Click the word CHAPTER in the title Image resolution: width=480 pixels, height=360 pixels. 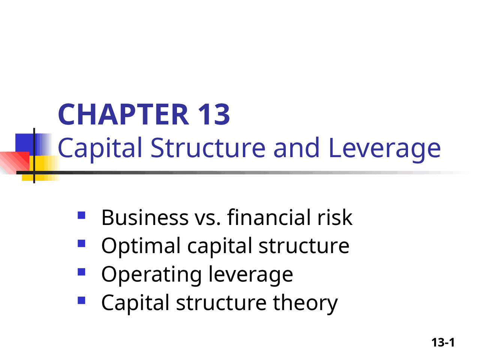123,114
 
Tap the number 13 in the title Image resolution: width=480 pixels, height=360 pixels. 214,114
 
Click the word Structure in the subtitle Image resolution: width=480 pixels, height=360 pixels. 208,147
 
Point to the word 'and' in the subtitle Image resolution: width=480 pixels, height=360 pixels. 296,147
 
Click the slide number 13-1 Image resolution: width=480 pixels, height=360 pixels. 443,342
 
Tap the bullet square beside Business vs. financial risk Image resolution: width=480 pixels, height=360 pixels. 81,215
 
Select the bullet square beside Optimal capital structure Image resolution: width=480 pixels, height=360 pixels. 81,243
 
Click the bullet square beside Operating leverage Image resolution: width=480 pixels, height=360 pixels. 81,272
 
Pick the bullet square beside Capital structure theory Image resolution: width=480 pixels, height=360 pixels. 81,300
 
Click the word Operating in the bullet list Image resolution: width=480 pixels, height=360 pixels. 151,275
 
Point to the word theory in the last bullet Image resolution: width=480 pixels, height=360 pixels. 305,304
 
